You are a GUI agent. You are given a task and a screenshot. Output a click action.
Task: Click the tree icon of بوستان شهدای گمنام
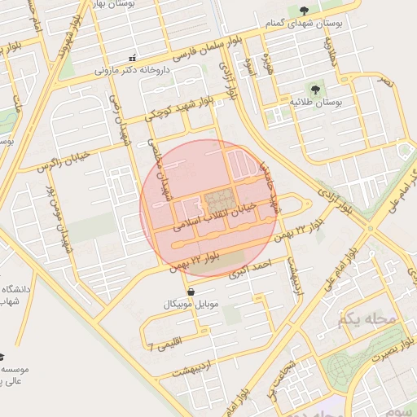click(x=304, y=11)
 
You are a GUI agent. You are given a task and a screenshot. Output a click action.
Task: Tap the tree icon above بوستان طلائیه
click(x=314, y=89)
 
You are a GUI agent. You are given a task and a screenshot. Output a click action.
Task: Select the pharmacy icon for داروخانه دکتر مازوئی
click(x=133, y=58)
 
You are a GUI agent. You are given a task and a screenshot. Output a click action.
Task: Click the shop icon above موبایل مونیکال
click(x=190, y=291)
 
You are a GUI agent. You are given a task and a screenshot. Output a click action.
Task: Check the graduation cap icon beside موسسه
click(x=2, y=357)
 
